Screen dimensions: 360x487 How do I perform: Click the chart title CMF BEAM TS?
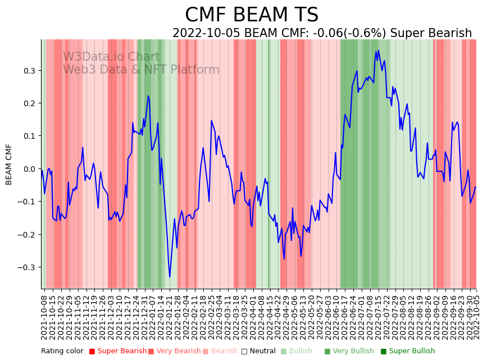tap(252, 15)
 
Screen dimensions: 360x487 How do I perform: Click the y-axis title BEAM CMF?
tap(9, 164)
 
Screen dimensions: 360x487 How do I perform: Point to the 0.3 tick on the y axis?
tap(29, 71)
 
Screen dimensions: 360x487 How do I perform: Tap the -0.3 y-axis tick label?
tap(28, 267)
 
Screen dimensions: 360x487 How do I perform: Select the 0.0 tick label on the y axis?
tap(29, 169)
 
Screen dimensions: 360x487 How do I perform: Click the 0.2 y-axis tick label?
tap(29, 103)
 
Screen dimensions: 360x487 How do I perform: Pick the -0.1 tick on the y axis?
tap(28, 202)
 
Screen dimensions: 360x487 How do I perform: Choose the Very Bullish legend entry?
tap(349, 352)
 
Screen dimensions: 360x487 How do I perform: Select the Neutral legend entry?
tap(260, 352)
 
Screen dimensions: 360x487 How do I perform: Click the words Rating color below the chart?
tap(62, 352)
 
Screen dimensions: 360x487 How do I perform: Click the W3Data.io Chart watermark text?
tap(111, 57)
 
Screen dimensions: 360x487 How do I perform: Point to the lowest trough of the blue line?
tap(170, 277)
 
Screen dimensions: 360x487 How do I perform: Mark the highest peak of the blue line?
tap(379, 50)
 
